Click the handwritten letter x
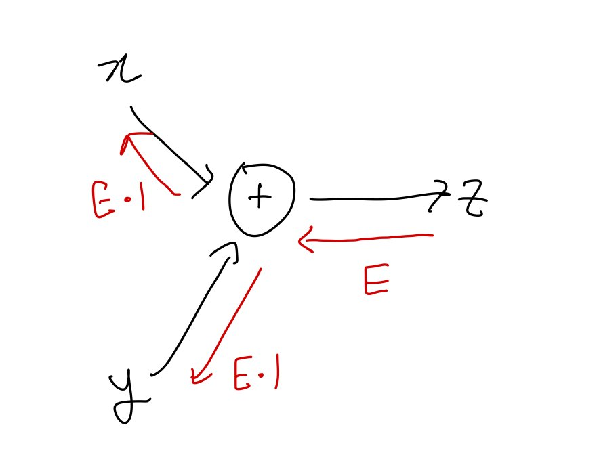click(120, 70)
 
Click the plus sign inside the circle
click(260, 197)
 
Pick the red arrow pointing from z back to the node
click(366, 238)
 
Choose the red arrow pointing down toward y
click(228, 325)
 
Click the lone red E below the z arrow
click(376, 280)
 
